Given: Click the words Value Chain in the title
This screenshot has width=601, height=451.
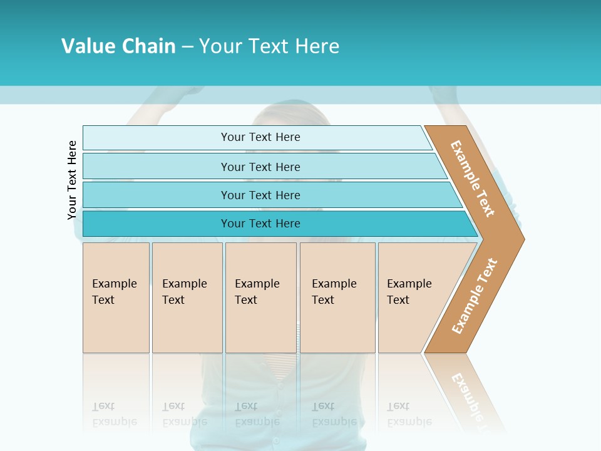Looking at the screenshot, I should pos(118,46).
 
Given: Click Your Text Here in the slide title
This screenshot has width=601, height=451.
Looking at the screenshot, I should pos(269,46).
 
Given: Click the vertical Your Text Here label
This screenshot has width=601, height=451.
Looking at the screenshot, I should pos(72,180).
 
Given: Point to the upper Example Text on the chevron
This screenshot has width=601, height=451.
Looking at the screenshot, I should pos(473,179).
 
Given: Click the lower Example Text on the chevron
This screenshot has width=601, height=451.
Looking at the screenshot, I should pos(475,296).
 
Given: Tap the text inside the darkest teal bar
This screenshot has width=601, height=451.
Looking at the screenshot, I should pos(260,224).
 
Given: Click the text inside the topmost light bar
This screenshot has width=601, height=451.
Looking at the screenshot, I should pos(260,137).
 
